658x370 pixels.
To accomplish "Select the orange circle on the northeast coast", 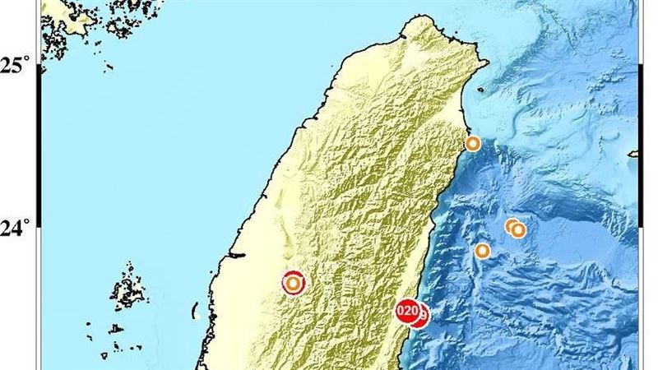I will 473,144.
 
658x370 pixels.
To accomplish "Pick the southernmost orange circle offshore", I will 483,251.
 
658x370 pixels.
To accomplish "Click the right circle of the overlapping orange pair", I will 518,230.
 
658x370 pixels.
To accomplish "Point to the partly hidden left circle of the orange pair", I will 510,225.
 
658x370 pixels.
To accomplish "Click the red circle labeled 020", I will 406,311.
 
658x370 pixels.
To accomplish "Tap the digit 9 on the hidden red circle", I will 424,314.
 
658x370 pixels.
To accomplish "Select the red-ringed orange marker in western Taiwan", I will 293,283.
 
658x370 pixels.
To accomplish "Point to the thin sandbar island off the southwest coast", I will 195,311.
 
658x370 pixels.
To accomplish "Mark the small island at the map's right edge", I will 633,153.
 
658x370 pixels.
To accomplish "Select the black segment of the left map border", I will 39,148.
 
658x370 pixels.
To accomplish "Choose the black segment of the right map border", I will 639,148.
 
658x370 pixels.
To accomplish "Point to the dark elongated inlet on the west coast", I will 234,256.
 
